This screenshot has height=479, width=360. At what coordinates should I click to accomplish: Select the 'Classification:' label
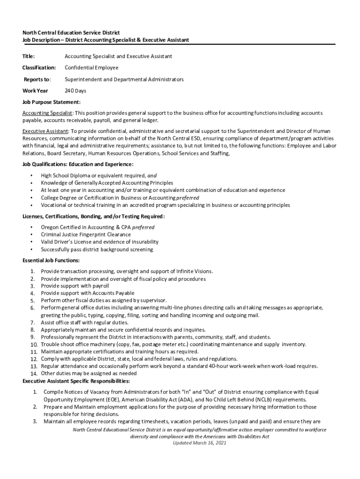pos(39,68)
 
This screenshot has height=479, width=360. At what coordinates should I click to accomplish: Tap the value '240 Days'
pos(75,91)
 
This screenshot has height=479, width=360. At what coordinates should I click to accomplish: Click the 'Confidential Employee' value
pos(91,68)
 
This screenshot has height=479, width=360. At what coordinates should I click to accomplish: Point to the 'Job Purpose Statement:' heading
pos(51,102)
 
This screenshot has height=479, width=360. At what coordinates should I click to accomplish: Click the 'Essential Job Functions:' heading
pos(51,260)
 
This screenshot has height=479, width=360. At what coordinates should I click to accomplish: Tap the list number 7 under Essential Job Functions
pos(33,323)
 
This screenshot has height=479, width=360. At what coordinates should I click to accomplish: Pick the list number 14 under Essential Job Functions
pos(34,373)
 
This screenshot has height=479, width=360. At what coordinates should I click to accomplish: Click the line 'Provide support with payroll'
pos(75,286)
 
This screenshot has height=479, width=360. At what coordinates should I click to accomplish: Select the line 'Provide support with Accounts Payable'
pos(88,293)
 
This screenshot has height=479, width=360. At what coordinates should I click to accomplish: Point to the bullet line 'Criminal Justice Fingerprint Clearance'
pos(86,234)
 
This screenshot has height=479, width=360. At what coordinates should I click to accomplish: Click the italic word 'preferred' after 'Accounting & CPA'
pos(144,227)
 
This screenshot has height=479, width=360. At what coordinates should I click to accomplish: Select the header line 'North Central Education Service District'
pos(71,33)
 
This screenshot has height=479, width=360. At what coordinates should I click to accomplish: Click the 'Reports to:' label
pos(37,80)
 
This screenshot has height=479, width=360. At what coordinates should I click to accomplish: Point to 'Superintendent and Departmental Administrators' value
pos(124,80)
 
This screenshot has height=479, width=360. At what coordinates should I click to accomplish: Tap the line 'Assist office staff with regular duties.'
pos(85,323)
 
